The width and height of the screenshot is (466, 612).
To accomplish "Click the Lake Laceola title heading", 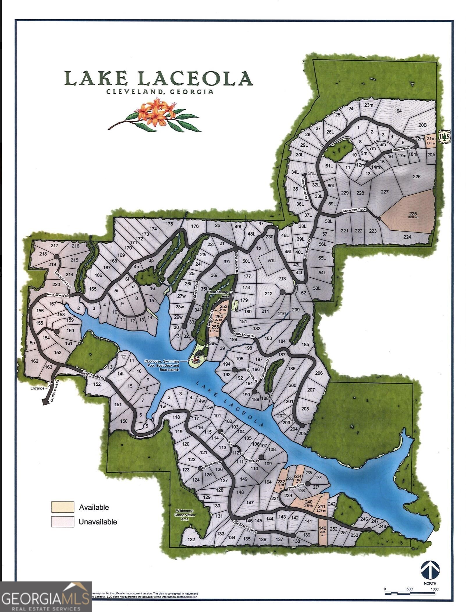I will click(159, 79).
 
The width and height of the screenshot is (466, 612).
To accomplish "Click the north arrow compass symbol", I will click(430, 570).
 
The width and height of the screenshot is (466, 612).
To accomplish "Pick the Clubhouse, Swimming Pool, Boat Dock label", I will click(162, 365).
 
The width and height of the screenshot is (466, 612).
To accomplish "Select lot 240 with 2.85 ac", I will click(308, 503).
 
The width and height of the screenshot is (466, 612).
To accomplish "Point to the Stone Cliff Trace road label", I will click(354, 210).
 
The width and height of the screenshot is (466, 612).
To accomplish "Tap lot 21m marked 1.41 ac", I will click(431, 140).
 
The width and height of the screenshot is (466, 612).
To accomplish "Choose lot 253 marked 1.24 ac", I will click(223, 308).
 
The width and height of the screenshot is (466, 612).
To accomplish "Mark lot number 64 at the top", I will click(399, 111).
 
